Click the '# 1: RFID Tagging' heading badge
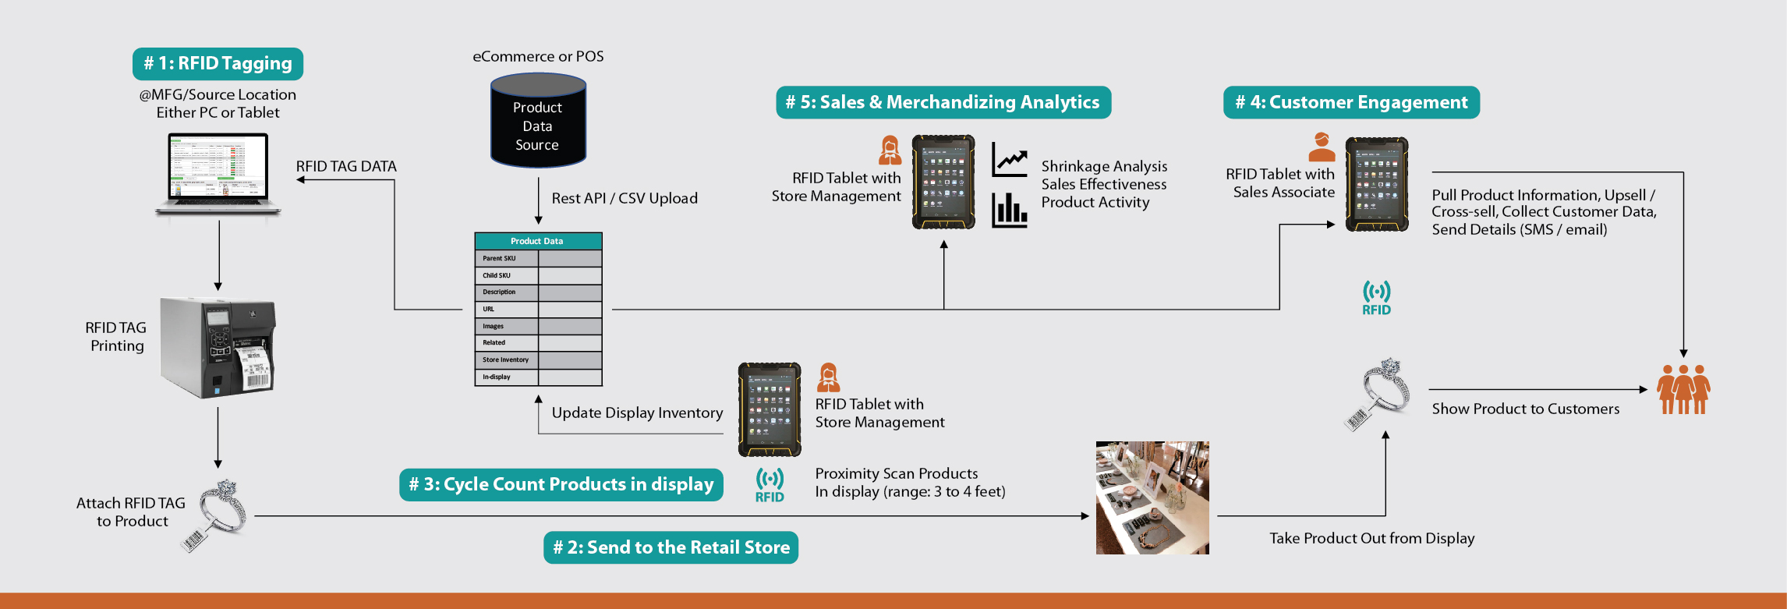point(218,64)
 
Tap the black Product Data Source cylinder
point(538,121)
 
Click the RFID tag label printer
point(218,347)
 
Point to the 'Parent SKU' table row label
point(499,258)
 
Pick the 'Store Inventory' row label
point(505,359)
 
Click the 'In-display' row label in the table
point(497,377)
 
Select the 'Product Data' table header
point(538,241)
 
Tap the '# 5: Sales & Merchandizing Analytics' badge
point(943,102)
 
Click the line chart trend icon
point(1010,160)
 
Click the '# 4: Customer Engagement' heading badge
point(1351,102)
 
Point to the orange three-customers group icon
point(1683,389)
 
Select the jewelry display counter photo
point(1152,497)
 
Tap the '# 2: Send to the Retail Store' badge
point(671,547)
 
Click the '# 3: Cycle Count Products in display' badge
point(561,484)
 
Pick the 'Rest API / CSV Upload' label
point(625,198)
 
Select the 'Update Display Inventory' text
point(637,412)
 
